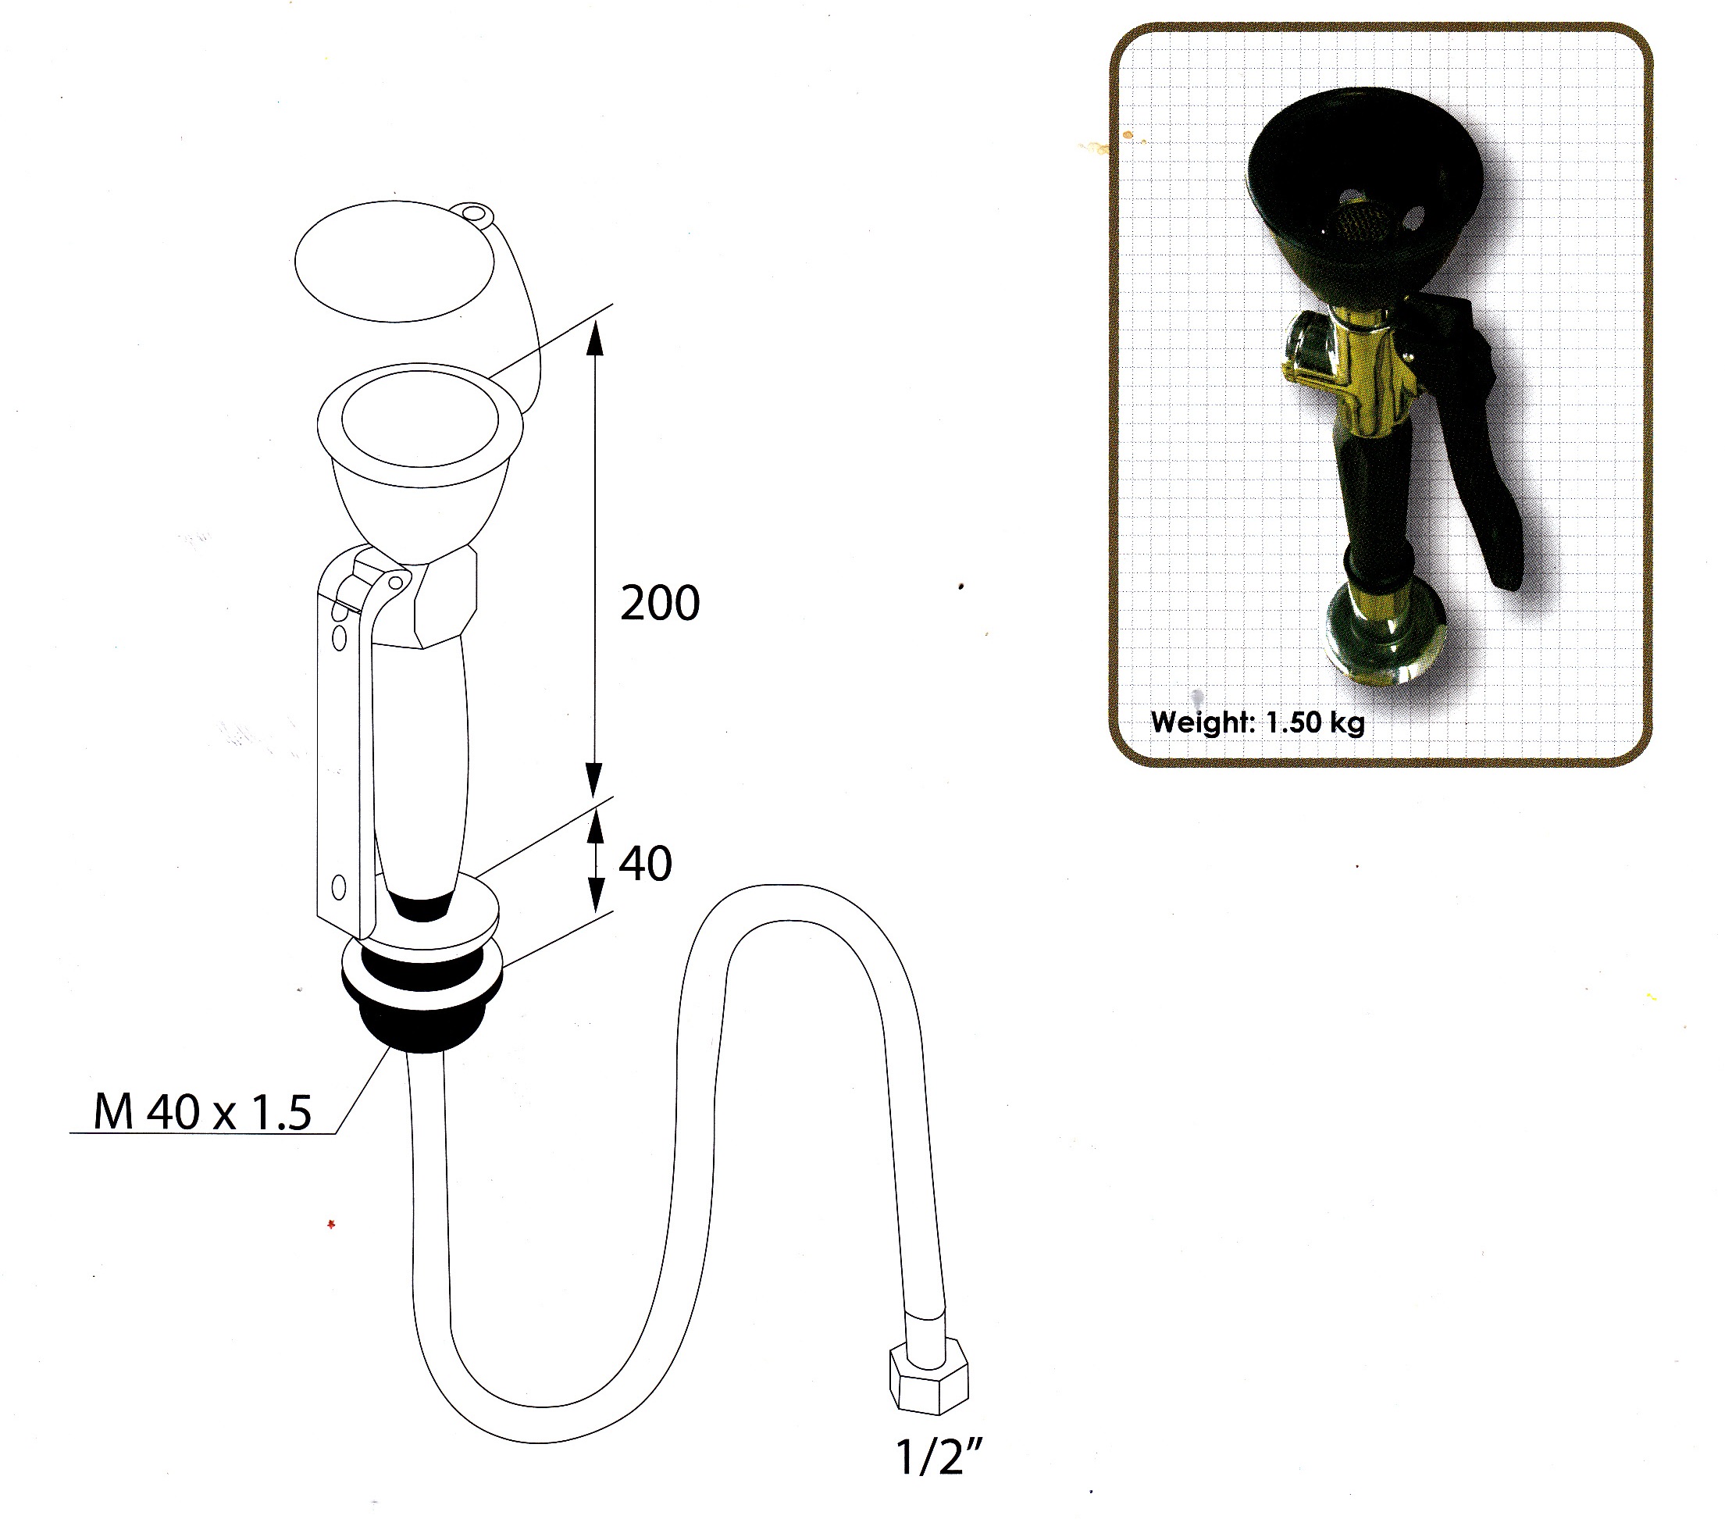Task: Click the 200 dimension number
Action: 660,603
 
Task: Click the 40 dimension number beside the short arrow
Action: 646,863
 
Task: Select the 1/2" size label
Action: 939,1456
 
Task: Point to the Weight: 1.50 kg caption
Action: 1257,722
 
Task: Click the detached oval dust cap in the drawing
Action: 394,261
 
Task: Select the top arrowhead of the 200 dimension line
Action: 595,339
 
